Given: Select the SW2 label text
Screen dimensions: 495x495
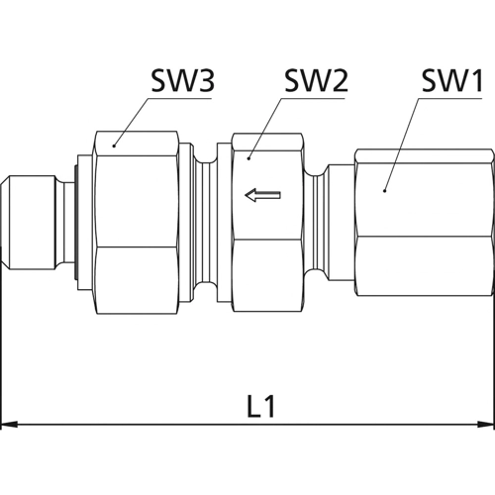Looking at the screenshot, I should tap(315, 80).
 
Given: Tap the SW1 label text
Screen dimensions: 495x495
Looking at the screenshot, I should tap(445, 80).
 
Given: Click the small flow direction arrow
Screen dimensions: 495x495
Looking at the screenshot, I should tap(263, 196).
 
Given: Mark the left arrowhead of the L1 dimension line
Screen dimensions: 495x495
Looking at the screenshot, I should tap(10, 427).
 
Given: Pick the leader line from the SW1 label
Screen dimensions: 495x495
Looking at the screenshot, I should tap(401, 134).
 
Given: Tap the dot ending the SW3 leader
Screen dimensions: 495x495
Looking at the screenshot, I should tap(115, 145).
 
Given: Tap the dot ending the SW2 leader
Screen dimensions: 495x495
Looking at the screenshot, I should tap(248, 155).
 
